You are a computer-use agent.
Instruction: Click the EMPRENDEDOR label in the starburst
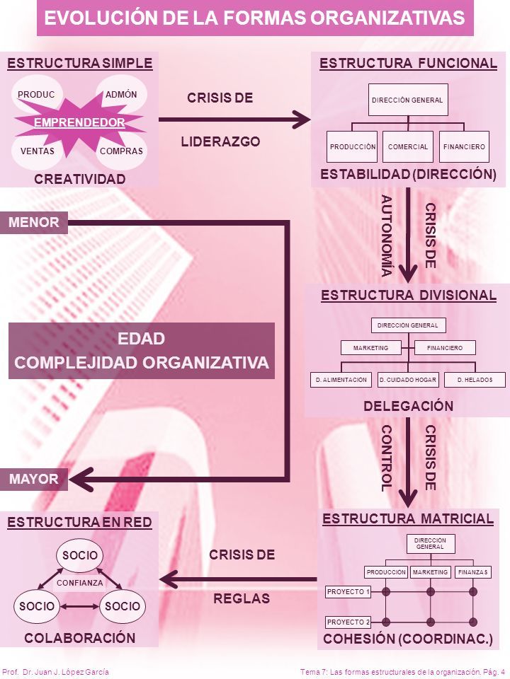click(79, 122)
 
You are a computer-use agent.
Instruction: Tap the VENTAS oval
click(37, 151)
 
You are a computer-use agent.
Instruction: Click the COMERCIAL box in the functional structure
click(408, 147)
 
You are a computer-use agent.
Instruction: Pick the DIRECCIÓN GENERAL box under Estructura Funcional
click(408, 100)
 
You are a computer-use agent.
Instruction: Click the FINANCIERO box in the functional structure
click(464, 147)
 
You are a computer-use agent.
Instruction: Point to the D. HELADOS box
click(475, 380)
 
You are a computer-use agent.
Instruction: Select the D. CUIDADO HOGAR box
click(408, 380)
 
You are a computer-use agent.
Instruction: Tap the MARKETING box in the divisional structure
click(370, 348)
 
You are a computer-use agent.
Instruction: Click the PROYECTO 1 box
click(348, 591)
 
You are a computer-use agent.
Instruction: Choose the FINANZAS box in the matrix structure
click(472, 572)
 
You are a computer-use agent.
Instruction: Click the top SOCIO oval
click(80, 555)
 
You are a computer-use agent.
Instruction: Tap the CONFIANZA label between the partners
click(80, 583)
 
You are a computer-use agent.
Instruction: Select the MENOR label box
click(34, 223)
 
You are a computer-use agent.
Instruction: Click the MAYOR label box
click(34, 480)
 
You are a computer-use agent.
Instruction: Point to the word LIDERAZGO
click(221, 141)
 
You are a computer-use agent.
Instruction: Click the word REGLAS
click(242, 598)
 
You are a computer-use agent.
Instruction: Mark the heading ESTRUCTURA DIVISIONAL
click(409, 296)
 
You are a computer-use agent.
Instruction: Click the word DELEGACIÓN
click(409, 406)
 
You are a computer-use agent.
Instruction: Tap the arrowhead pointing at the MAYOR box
click(81, 480)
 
